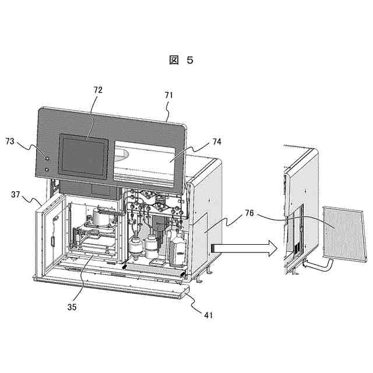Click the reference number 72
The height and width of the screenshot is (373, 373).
(97, 90)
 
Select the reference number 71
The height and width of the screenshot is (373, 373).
(169, 94)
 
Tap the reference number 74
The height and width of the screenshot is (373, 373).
(217, 141)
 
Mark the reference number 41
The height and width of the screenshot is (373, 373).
(208, 315)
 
